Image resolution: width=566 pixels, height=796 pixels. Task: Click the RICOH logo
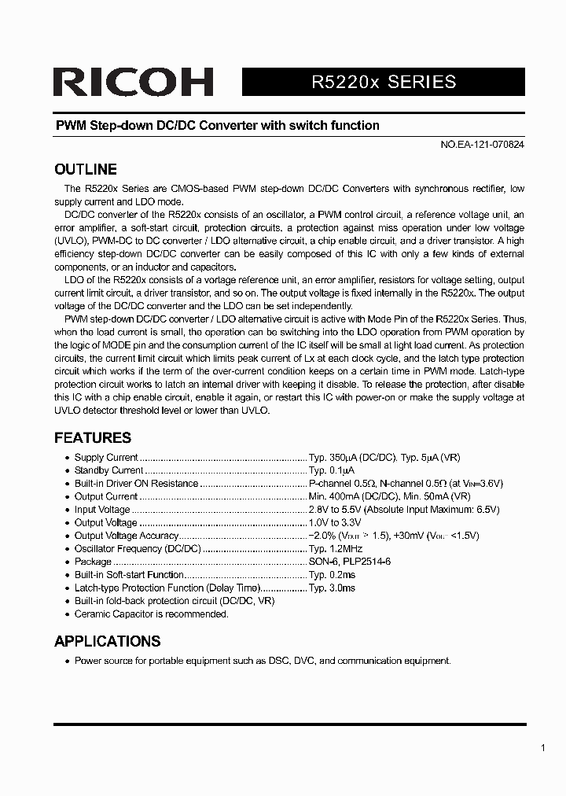(x=133, y=83)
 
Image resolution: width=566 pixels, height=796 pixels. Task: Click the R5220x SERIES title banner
(x=384, y=82)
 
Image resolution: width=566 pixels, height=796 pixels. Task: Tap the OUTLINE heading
(x=85, y=169)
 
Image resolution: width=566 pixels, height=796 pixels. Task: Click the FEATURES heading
(x=92, y=437)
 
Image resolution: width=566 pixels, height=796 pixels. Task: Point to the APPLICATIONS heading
(x=107, y=641)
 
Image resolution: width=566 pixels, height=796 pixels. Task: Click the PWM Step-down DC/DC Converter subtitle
(x=216, y=125)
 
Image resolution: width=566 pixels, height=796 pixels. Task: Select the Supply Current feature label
(x=106, y=457)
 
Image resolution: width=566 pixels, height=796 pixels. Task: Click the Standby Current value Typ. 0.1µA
(x=337, y=470)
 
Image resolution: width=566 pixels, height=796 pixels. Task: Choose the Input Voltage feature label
(x=102, y=510)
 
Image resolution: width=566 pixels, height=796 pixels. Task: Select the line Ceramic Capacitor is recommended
(x=151, y=614)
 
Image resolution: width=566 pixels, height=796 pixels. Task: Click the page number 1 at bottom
(x=542, y=748)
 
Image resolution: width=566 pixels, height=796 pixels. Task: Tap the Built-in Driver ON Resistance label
(x=136, y=483)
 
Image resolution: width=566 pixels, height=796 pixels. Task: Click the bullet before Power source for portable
(x=66, y=661)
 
